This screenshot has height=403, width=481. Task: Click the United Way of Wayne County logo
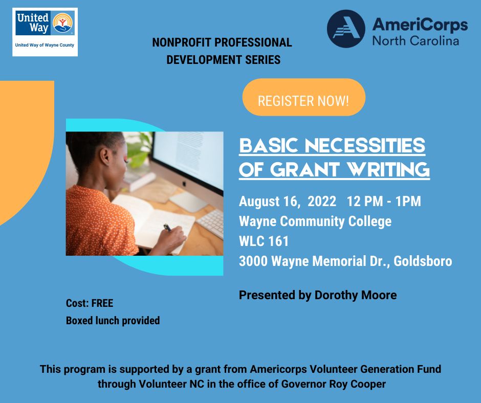tap(45, 32)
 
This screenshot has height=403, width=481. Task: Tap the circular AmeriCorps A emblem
tap(346, 29)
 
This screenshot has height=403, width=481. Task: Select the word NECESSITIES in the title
tap(365, 145)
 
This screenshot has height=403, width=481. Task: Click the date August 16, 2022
tap(288, 201)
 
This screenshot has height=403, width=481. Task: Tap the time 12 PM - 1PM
tap(384, 201)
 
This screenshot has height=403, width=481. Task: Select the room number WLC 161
tap(264, 241)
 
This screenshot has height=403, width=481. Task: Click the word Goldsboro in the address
tap(423, 261)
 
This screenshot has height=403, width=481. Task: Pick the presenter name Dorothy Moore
tap(356, 295)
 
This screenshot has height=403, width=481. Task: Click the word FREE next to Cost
tap(102, 303)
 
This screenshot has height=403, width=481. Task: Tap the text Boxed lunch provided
tap(113, 321)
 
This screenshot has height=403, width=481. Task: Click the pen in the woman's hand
tap(167, 228)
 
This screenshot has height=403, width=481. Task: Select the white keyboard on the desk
tap(210, 223)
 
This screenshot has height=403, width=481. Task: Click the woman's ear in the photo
tap(104, 155)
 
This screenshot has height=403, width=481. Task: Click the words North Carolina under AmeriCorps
tap(416, 40)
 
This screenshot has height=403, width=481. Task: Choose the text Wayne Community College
tap(315, 221)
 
